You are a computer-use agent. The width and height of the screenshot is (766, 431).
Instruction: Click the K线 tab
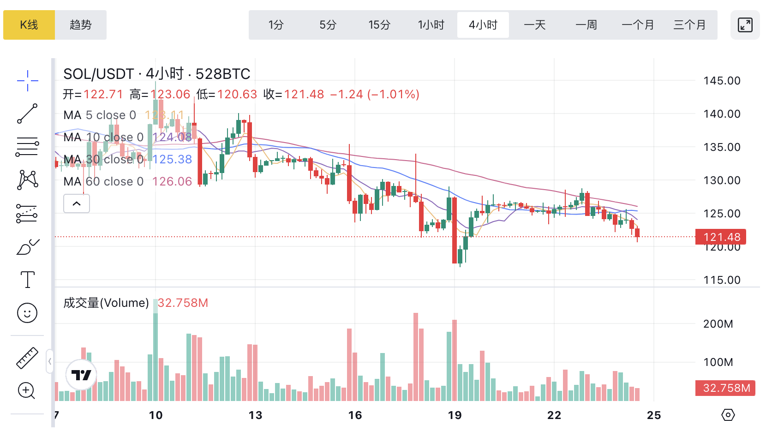[x=29, y=25]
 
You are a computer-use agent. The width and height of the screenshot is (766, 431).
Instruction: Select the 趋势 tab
[x=81, y=25]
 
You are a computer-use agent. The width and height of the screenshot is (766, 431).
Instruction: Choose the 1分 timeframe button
[x=276, y=25]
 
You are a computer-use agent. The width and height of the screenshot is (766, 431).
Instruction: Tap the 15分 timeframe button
[x=379, y=25]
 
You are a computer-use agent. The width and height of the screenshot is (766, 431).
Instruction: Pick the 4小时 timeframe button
[x=483, y=25]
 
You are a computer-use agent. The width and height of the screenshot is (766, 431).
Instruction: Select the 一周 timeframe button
[x=586, y=25]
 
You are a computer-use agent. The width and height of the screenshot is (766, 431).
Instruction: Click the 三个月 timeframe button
[x=689, y=25]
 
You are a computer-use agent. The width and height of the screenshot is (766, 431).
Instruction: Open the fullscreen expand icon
[x=745, y=25]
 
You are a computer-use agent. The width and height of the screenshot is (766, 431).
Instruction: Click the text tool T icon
[x=28, y=280]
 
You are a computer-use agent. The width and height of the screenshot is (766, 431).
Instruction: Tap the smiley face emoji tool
[x=27, y=313]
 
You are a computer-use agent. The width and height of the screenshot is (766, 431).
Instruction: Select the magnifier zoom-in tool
[x=26, y=391]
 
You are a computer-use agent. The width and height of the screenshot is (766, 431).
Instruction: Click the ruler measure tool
[x=27, y=358]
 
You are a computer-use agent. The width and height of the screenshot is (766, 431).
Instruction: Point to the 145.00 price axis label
[x=722, y=81]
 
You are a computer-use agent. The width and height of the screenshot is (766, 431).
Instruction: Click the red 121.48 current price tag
[x=721, y=237]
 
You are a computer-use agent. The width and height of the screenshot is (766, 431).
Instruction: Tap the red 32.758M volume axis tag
[x=725, y=388]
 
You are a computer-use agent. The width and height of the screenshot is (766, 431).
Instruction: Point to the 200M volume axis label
[x=718, y=324]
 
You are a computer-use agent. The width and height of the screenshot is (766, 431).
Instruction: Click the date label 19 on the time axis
[x=455, y=415]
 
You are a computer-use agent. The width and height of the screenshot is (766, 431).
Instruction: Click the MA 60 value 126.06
[x=172, y=181]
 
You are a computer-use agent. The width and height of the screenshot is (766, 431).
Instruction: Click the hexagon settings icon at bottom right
[x=728, y=415]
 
